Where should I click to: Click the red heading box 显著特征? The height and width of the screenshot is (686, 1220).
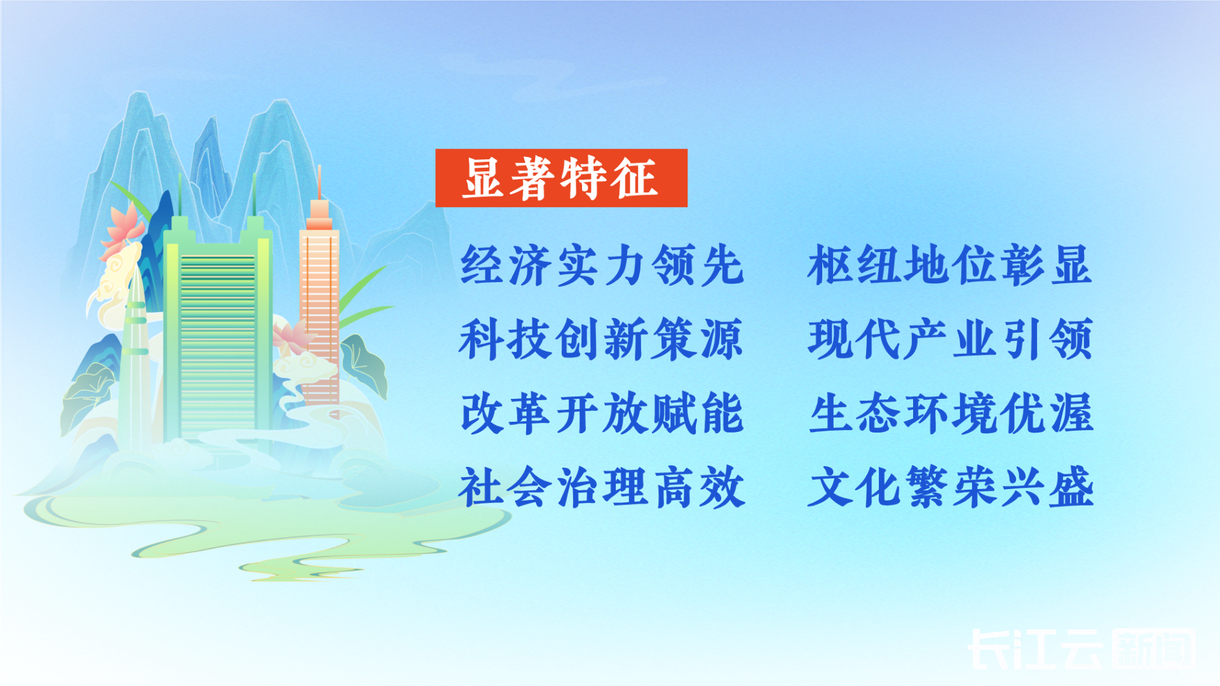pos(561,178)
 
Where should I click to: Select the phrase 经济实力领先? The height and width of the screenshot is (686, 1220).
pos(602,265)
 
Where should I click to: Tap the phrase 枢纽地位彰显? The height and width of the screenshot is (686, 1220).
pos(950,265)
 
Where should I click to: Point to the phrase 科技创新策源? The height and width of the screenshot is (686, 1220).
pos(601,339)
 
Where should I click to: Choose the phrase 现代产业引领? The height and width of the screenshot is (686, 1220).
pos(951,339)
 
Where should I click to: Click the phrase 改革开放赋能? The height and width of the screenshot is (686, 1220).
pos(602,414)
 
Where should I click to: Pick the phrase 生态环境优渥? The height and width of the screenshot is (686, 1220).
pos(951,414)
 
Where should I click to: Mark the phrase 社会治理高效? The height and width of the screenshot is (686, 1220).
pos(602,487)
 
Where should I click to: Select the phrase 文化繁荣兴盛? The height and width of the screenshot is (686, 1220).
pos(951,487)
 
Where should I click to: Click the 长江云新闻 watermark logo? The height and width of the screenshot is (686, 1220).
pos(1081,649)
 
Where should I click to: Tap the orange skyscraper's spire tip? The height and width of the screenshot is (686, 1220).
pos(319,166)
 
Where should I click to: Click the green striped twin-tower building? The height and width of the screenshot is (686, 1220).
pos(218,330)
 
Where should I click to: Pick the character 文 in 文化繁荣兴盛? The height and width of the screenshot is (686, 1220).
pos(830,487)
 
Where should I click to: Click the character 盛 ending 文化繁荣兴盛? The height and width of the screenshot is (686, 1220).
pos(1071,487)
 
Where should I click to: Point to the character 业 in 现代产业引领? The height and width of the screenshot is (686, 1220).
pos(974,339)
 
